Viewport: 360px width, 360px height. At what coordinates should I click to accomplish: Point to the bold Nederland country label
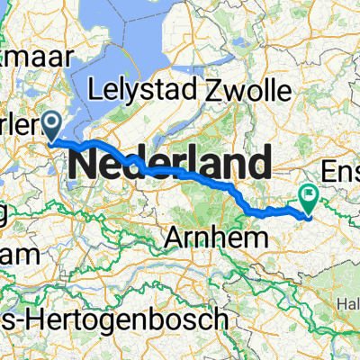pyautogui.click(x=169, y=165)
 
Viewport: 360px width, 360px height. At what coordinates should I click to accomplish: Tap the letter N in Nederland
pyautogui.click(x=84, y=165)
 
